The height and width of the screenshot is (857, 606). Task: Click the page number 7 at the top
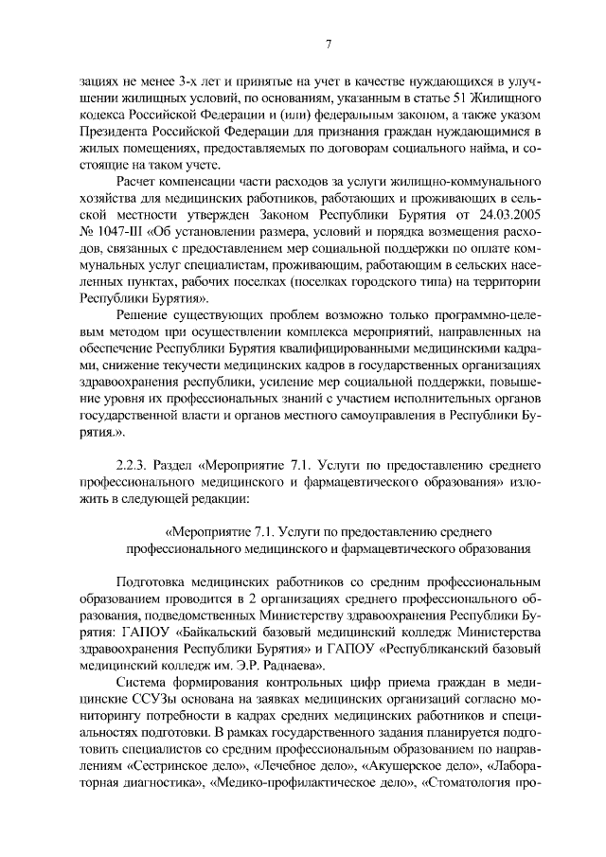point(327,44)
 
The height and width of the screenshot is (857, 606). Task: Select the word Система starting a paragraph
point(144,684)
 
